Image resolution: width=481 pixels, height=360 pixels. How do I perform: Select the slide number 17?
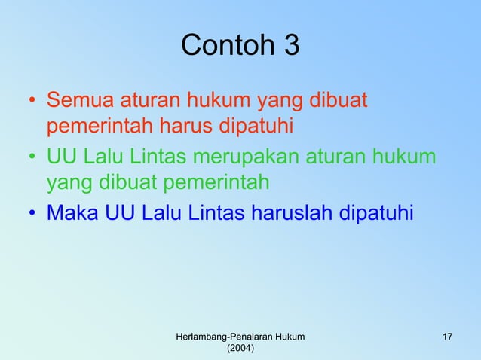pos(448,336)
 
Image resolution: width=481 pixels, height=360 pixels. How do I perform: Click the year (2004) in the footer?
pos(240,349)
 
